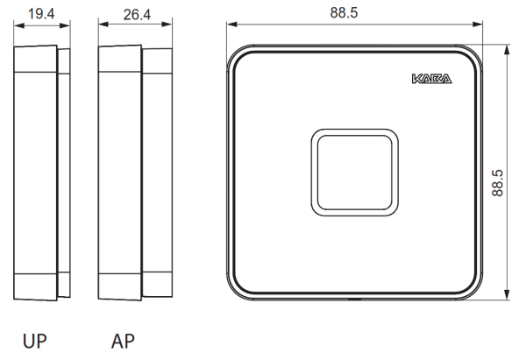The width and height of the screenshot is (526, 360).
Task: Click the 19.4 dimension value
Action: pyautogui.click(x=41, y=14)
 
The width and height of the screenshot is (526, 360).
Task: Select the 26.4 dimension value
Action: pyautogui.click(x=137, y=15)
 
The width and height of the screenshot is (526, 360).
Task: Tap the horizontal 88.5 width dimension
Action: pyautogui.click(x=344, y=13)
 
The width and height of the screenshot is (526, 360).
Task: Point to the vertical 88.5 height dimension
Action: pyautogui.click(x=497, y=183)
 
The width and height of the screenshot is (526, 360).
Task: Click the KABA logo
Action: pyautogui.click(x=431, y=79)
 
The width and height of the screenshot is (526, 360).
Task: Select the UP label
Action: pyautogui.click(x=34, y=342)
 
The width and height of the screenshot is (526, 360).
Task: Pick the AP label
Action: pyautogui.click(x=123, y=342)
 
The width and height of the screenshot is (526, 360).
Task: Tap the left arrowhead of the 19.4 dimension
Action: pyautogui.click(x=19, y=25)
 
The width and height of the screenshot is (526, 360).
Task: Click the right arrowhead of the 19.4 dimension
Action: pyautogui.click(x=65, y=25)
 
